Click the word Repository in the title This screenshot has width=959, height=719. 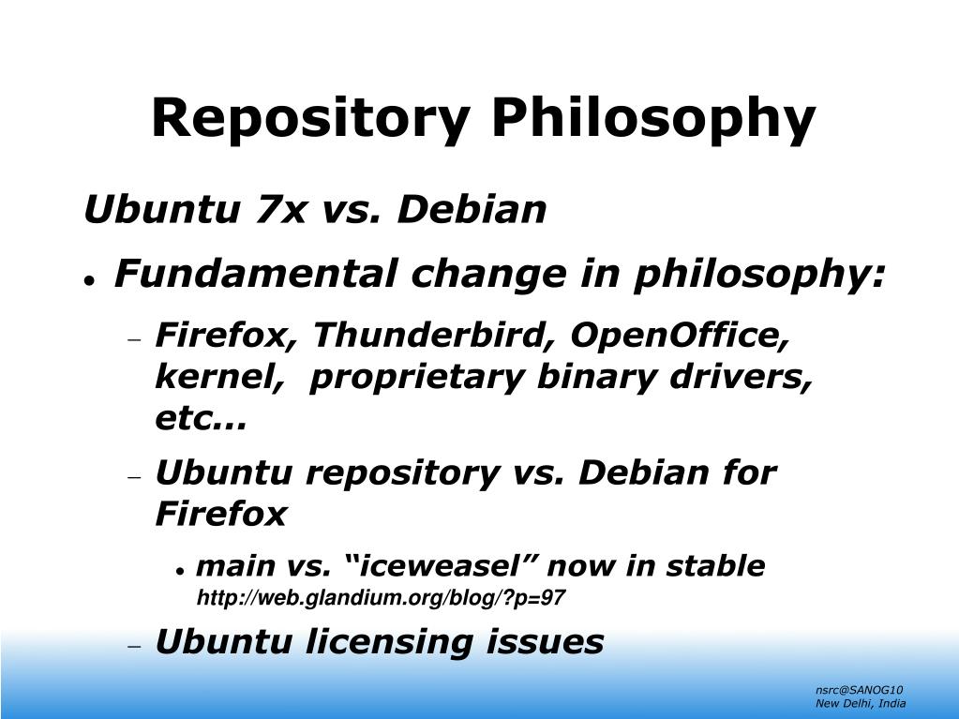[x=310, y=120]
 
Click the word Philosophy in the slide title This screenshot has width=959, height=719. [x=653, y=120]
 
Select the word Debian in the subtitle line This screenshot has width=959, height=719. [x=472, y=209]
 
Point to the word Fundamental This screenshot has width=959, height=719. [x=256, y=274]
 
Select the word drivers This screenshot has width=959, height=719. [x=741, y=377]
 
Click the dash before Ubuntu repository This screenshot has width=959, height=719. [x=135, y=477]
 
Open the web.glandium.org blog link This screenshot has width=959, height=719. [x=381, y=598]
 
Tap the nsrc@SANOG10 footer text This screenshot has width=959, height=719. [x=860, y=690]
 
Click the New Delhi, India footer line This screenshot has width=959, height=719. [x=861, y=704]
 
